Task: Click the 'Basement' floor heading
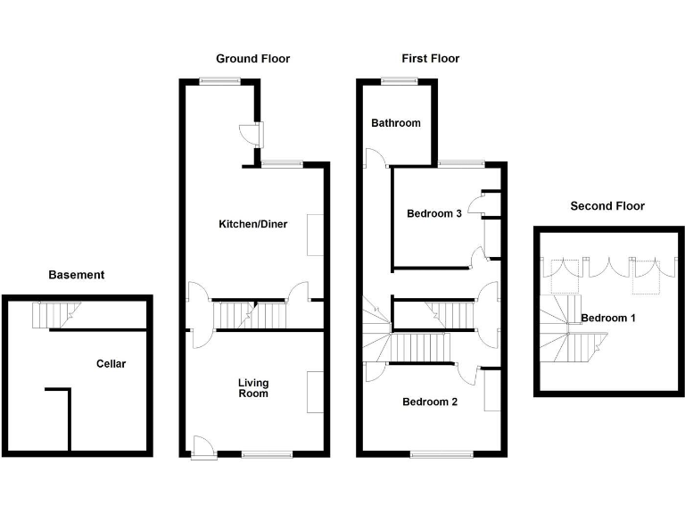76,275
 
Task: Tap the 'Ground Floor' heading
252,59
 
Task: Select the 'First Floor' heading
430,59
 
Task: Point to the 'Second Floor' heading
607,206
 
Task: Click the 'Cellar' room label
111,363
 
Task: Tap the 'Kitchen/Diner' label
253,224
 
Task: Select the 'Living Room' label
253,388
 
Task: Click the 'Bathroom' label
396,123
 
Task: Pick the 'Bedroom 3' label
434,213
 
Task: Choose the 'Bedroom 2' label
430,402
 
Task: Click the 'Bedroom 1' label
607,319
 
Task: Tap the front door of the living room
203,447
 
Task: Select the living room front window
266,454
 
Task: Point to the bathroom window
398,81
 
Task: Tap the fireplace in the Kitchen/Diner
315,235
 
